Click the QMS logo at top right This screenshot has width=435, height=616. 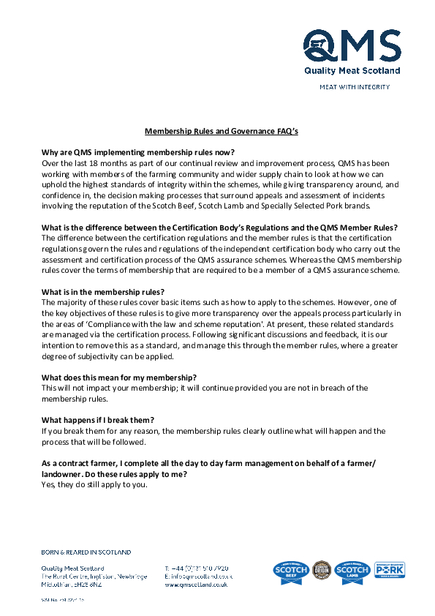(x=352, y=51)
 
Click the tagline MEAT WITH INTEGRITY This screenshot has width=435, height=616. (x=355, y=87)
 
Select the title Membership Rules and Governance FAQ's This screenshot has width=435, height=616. (x=222, y=132)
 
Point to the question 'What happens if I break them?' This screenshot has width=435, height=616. (x=98, y=420)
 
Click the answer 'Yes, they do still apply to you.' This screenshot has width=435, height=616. (x=94, y=484)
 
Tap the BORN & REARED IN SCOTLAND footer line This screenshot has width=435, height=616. (x=86, y=552)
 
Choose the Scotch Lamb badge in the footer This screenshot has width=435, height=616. (x=352, y=572)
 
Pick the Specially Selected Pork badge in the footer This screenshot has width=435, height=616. (x=389, y=570)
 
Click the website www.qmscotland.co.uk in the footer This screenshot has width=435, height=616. (x=196, y=585)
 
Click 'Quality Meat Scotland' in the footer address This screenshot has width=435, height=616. (x=72, y=568)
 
